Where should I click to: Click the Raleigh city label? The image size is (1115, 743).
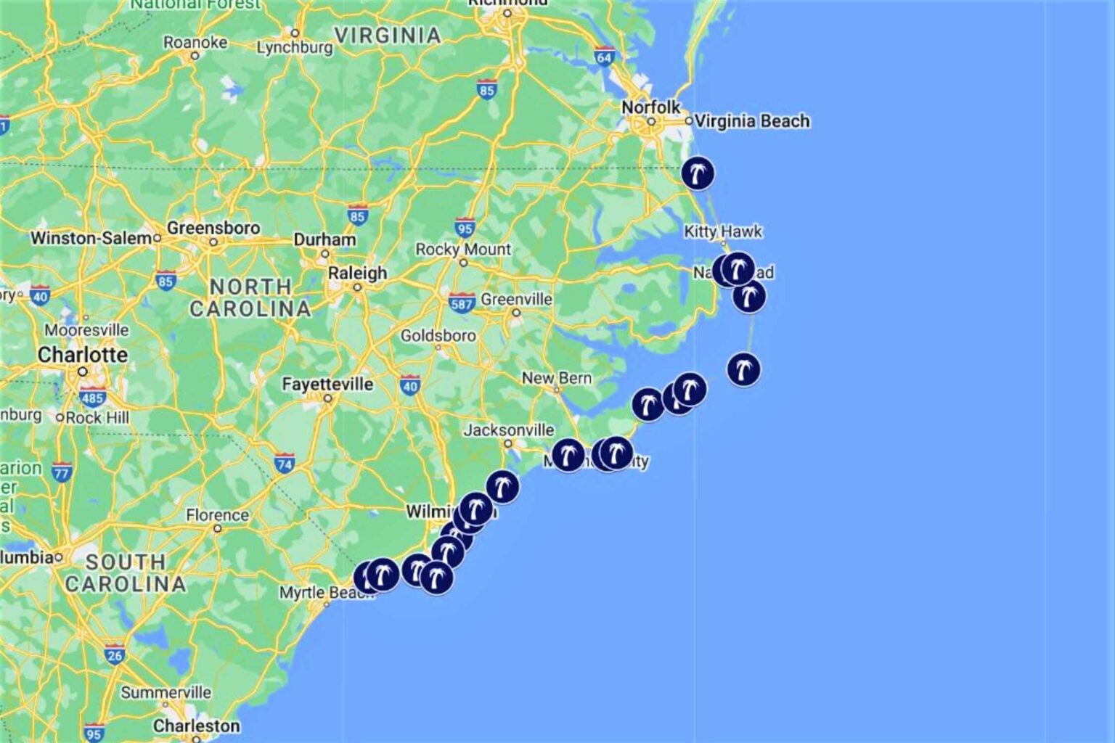click(357, 274)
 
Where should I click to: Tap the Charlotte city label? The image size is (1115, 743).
click(83, 355)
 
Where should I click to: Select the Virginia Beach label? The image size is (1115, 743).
click(751, 121)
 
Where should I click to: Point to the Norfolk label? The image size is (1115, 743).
click(650, 107)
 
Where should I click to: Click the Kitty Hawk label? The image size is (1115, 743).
click(723, 231)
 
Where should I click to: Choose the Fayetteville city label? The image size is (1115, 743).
click(327, 384)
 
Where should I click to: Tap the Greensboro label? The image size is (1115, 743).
click(213, 228)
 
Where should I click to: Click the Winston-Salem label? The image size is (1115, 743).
click(91, 238)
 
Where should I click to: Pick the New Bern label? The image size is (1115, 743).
click(557, 378)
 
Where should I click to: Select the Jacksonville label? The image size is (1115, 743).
click(509, 430)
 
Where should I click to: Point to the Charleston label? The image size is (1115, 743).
click(196, 726)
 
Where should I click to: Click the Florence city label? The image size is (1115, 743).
click(217, 515)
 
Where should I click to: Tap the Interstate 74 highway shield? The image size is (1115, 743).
click(284, 464)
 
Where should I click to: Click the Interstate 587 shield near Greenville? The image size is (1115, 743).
click(462, 303)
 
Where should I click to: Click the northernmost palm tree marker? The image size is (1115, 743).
click(698, 173)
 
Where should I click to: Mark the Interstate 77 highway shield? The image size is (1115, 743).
click(62, 473)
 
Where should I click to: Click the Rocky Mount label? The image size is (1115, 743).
click(463, 250)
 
